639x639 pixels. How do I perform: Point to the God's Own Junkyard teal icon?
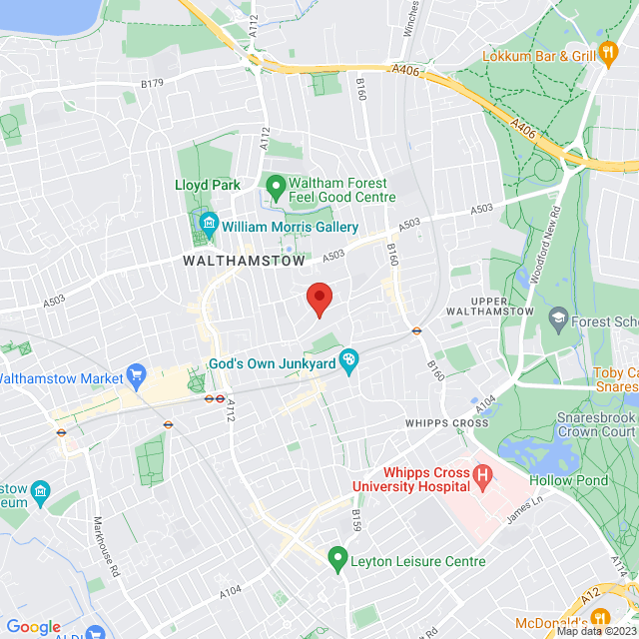click(348, 361)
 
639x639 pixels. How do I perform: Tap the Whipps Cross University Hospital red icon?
click(483, 478)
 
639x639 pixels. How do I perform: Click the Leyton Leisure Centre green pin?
click(337, 556)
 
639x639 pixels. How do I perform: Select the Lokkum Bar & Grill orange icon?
click(609, 54)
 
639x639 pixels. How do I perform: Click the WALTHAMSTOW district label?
click(244, 260)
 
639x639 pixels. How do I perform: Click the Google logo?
click(33, 626)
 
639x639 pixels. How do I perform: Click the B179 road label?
click(152, 84)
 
